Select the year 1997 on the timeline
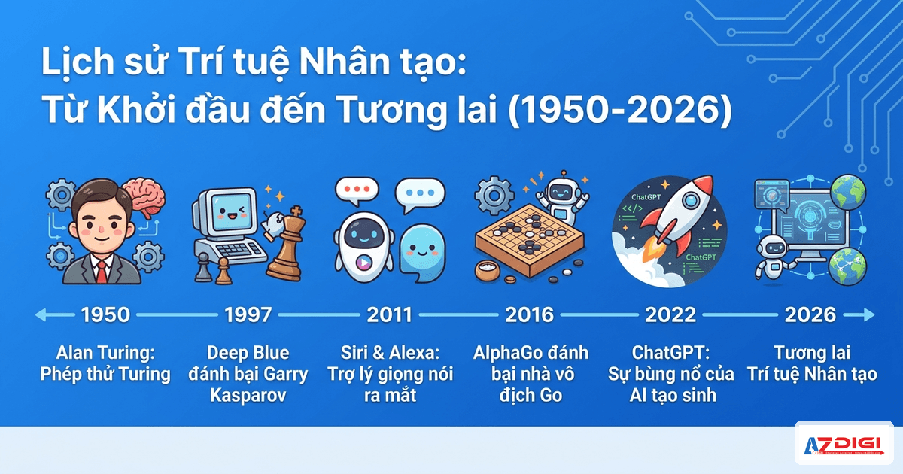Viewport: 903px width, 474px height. (248, 314)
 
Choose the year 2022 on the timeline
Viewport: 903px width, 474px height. (670, 314)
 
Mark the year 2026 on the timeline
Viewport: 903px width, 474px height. (810, 314)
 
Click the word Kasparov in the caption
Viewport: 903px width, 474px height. (248, 395)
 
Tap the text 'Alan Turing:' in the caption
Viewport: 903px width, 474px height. (105, 353)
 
